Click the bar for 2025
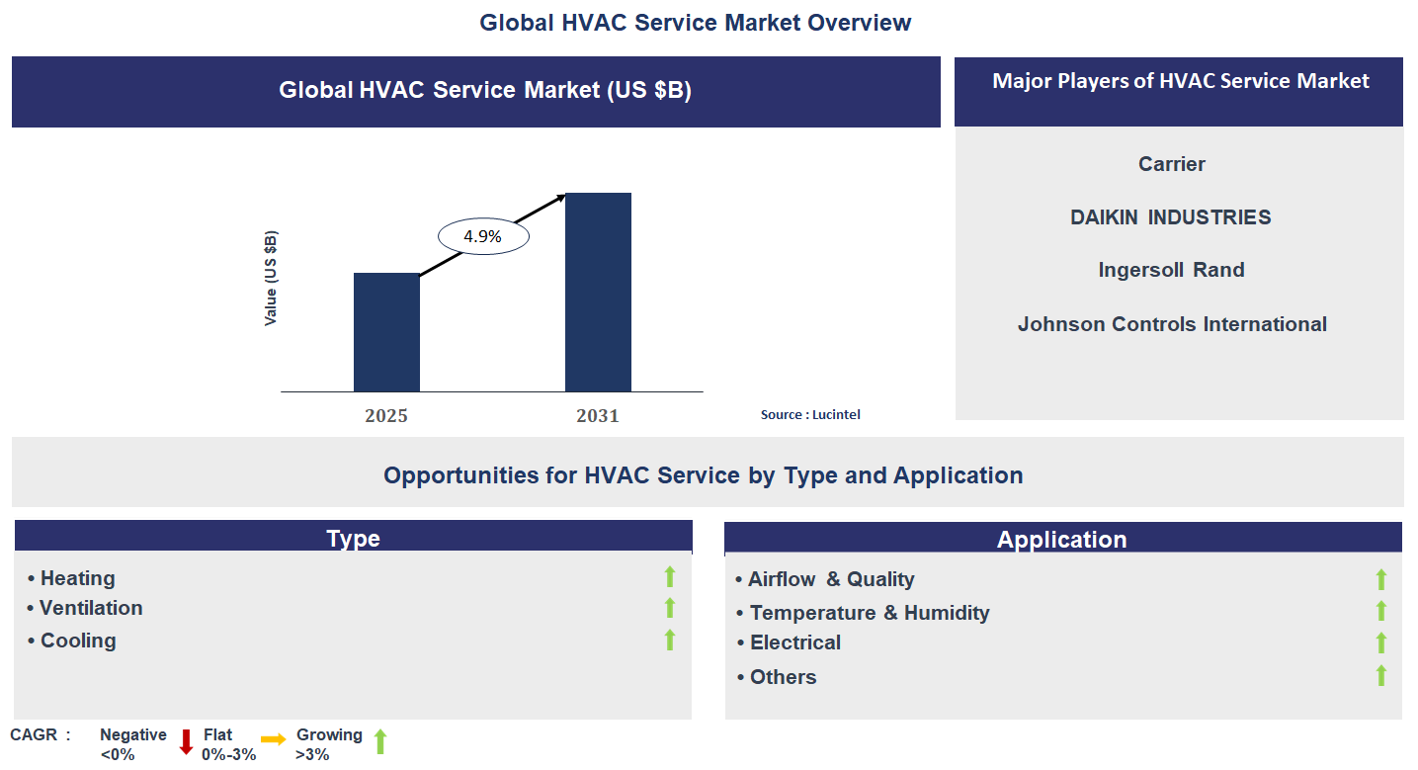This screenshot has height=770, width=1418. (x=386, y=332)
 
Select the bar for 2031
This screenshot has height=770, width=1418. (x=598, y=293)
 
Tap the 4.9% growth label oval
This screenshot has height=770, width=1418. (x=483, y=237)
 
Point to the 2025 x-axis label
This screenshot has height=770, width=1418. (x=386, y=416)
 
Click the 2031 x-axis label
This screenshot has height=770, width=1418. (x=598, y=416)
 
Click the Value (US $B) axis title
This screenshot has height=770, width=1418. (x=271, y=279)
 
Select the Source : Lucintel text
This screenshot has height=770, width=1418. (x=810, y=415)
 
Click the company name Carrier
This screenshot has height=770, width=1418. (x=1172, y=164)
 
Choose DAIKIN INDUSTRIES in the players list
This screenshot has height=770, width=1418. (x=1171, y=217)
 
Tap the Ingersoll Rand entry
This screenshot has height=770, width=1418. (x=1171, y=270)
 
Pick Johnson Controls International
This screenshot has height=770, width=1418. (x=1172, y=324)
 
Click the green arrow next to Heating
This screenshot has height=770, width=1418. (x=670, y=577)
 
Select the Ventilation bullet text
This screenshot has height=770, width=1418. (x=91, y=608)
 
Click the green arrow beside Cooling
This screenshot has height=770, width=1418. (x=670, y=640)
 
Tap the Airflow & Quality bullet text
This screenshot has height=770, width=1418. (x=830, y=579)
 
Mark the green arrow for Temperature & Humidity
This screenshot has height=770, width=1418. (x=1381, y=611)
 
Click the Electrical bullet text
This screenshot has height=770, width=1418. (x=795, y=642)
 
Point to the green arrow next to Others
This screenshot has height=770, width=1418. (x=1381, y=675)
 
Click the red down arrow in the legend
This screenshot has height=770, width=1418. (x=186, y=742)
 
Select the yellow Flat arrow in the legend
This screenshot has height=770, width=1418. (x=274, y=739)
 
